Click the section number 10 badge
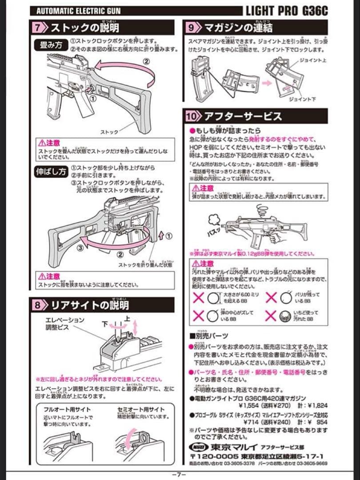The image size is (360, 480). pyautogui.click(x=194, y=116)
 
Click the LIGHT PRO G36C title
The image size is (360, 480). pyautogui.click(x=287, y=11)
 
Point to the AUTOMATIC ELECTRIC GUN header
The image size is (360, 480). pyautogui.click(x=78, y=11)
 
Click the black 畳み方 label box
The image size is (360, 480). pyautogui.click(x=50, y=45)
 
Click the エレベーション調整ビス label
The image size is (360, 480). pyautogui.click(x=64, y=323)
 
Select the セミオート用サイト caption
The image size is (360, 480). pyautogui.click(x=140, y=409)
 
